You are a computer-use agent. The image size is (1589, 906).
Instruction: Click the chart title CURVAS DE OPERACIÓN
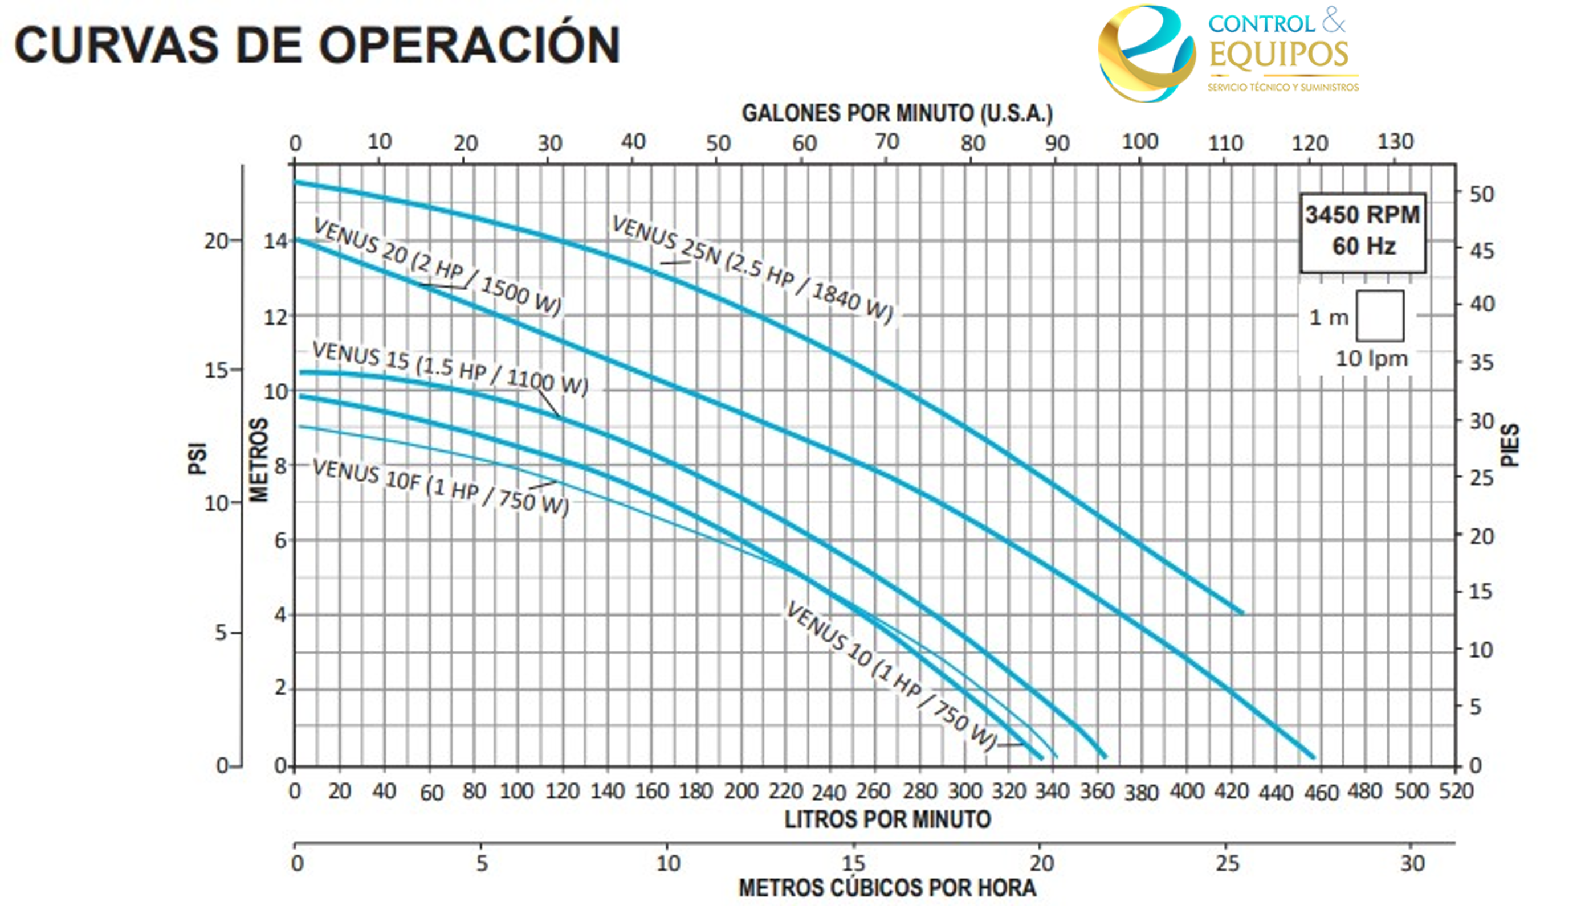(x=316, y=45)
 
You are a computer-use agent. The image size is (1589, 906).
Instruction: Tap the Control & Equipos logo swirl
(x=1146, y=54)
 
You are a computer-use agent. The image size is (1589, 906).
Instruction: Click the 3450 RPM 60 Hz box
(x=1362, y=231)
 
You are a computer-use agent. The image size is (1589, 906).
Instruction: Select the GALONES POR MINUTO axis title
(x=897, y=113)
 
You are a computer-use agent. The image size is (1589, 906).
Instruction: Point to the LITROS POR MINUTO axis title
(x=887, y=819)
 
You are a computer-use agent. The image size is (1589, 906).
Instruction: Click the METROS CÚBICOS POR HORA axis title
(x=887, y=887)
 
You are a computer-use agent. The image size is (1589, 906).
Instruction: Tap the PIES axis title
(x=1509, y=445)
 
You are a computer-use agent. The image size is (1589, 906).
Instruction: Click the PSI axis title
(x=197, y=458)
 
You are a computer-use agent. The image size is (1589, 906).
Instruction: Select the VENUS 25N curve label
(x=752, y=268)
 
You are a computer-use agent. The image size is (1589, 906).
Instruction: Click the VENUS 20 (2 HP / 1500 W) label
(x=437, y=267)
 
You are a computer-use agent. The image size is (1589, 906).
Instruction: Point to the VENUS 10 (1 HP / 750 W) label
(x=890, y=675)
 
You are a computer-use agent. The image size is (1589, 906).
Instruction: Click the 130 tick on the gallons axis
(x=1395, y=142)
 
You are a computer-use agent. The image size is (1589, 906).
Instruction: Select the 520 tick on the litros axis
(x=1456, y=791)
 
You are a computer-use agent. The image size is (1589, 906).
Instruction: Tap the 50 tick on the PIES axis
(x=1481, y=194)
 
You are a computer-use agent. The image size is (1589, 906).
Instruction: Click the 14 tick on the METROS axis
(x=275, y=241)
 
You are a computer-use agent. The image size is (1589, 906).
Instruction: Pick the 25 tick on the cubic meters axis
(x=1227, y=863)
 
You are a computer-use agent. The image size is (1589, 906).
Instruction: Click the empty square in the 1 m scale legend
(x=1380, y=315)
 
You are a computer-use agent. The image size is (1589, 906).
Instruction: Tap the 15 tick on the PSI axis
(x=216, y=370)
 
